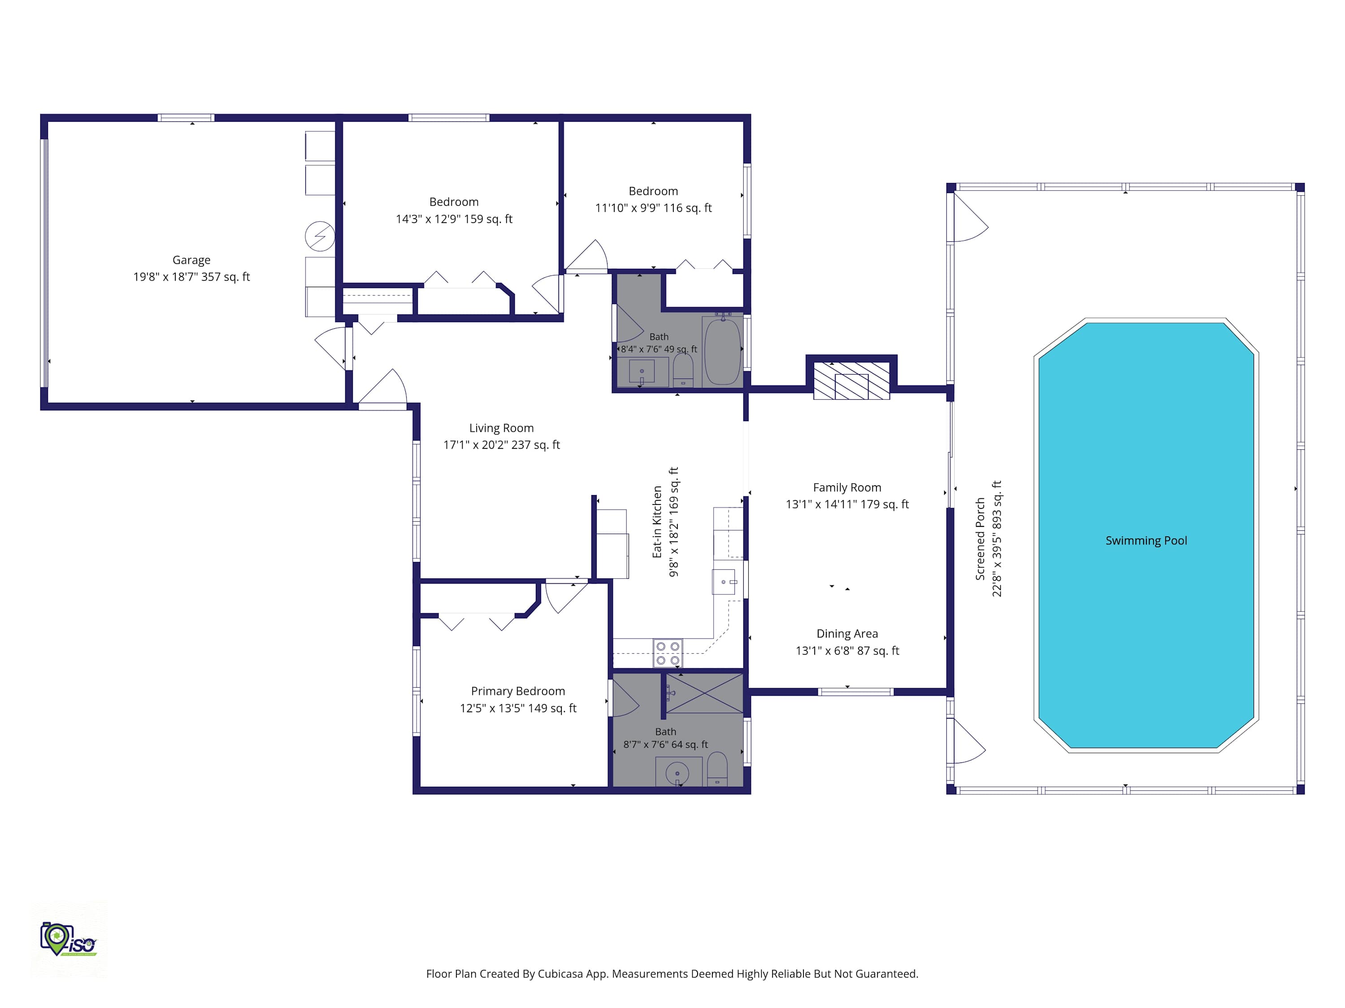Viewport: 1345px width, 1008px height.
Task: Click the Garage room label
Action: (x=191, y=260)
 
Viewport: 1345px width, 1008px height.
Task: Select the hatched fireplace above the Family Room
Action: (x=851, y=380)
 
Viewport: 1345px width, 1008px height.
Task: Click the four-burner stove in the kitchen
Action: (x=668, y=653)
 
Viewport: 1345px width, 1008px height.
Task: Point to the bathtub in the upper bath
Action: (x=722, y=351)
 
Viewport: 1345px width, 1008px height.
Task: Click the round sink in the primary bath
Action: (x=677, y=773)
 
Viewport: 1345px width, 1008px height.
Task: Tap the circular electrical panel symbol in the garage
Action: (x=320, y=237)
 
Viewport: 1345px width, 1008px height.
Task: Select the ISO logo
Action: (x=68, y=939)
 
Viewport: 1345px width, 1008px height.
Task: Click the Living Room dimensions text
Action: (x=502, y=445)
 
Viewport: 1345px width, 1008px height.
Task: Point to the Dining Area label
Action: (x=847, y=634)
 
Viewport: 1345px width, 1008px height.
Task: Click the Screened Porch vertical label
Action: (x=980, y=539)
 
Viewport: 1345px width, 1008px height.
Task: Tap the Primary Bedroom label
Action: (x=518, y=691)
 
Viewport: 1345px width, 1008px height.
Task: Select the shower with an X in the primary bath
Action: (x=705, y=693)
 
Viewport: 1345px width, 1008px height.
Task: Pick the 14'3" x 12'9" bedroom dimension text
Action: (x=454, y=219)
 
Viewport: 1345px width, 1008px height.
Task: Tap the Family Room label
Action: (x=847, y=487)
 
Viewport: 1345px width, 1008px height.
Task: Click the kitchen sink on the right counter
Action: (x=724, y=582)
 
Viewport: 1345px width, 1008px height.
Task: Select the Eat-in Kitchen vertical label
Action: (x=657, y=522)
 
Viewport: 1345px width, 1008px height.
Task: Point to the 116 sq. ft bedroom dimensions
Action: (x=653, y=208)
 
